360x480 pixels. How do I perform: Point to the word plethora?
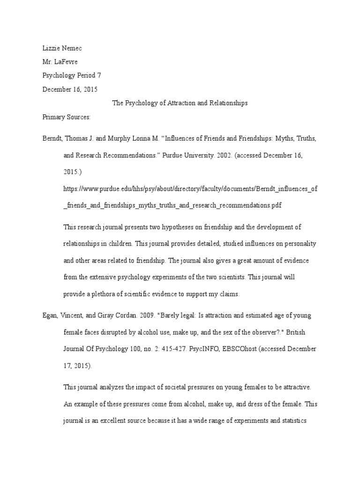coord(105,294)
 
